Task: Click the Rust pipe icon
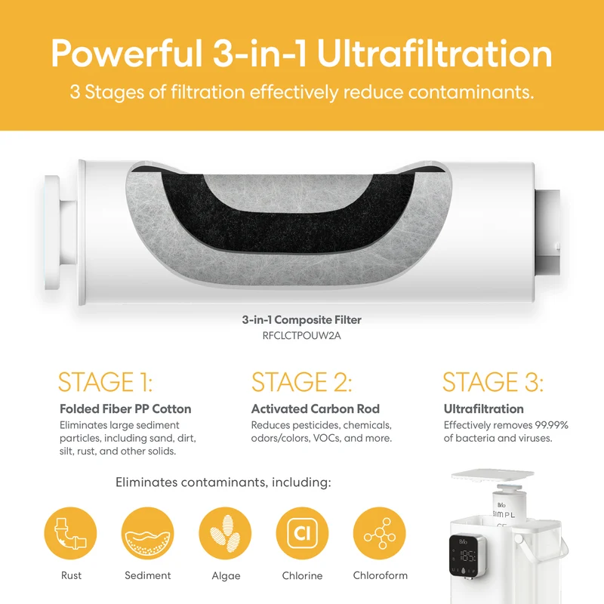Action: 70,533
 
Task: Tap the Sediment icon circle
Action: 147,533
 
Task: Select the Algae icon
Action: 225,533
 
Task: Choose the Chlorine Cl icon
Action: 302,533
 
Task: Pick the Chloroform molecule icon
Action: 380,533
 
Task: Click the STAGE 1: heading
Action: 105,382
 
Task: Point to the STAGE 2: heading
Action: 301,382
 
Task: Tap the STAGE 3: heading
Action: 493,382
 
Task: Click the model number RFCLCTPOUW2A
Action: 301,335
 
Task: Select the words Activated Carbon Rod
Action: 316,408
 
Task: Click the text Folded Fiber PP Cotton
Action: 125,408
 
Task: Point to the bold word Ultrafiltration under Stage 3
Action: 483,408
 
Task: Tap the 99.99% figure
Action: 551,425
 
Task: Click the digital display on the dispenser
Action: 467,555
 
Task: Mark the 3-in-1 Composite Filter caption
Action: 301,319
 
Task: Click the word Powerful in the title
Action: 127,54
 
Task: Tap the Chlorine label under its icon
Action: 302,575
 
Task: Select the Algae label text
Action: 226,576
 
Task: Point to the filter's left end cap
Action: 53,233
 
